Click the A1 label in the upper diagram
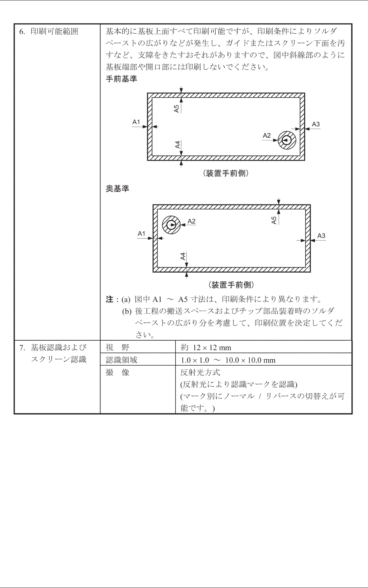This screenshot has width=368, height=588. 136,122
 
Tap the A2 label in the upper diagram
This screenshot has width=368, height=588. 267,136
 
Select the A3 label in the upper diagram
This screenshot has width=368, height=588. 316,124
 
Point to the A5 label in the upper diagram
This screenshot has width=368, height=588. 176,108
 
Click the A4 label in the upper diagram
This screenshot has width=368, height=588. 178,145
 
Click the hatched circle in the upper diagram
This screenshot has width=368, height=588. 287,140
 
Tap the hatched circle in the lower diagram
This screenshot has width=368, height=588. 171,225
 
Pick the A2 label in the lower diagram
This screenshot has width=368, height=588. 192,221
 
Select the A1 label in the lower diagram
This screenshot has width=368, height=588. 142,234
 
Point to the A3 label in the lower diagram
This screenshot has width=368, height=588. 321,236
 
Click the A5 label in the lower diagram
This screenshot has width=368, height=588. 274,220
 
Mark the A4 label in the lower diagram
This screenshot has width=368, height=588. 183,256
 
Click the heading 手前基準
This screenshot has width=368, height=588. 121,79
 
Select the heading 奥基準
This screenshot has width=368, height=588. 118,189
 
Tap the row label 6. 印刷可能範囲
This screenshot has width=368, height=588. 49,32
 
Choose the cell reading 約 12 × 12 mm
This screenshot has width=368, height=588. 206,348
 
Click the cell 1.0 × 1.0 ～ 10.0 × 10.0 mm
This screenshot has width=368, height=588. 228,360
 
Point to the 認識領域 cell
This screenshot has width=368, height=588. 121,360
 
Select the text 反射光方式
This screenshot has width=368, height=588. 200,372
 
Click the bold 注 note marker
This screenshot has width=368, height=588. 109,299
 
